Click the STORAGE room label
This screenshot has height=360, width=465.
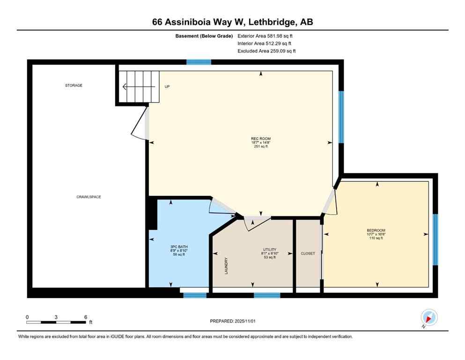point(74,85)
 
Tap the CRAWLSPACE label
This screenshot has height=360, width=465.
point(89,197)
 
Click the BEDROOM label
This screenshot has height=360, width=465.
point(376,230)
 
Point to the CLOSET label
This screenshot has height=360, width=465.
point(308,253)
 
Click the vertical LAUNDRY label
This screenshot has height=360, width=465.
point(226,266)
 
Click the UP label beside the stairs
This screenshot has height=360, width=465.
point(167,87)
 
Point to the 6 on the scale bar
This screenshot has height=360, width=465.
point(85,317)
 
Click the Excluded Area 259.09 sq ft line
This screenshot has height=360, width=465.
point(266,51)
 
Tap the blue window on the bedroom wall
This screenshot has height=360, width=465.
point(435,240)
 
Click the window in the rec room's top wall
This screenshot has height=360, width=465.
point(199,62)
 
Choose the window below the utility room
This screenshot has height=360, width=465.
point(267,295)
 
